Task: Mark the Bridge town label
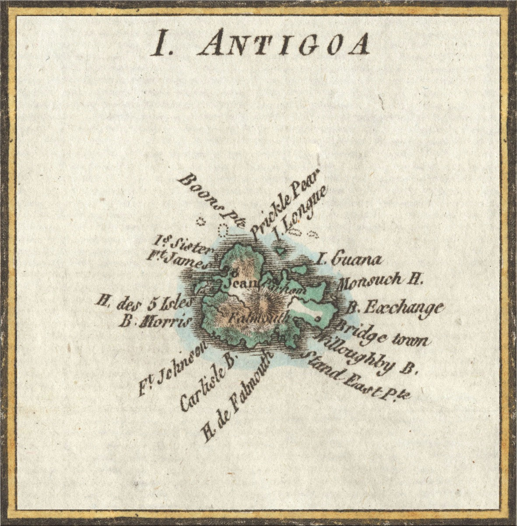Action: (x=380, y=334)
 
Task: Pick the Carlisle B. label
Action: (x=208, y=382)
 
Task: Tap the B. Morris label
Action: (x=156, y=322)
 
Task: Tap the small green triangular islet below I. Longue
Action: (x=279, y=251)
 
